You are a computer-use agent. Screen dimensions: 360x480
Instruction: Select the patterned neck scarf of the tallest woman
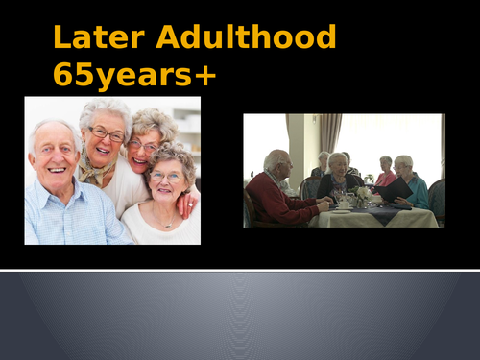(x=96, y=171)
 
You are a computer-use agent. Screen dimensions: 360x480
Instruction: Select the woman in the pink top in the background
(x=385, y=174)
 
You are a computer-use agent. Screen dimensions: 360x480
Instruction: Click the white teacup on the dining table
(x=344, y=204)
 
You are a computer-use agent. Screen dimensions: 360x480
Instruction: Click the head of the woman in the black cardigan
(x=337, y=162)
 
